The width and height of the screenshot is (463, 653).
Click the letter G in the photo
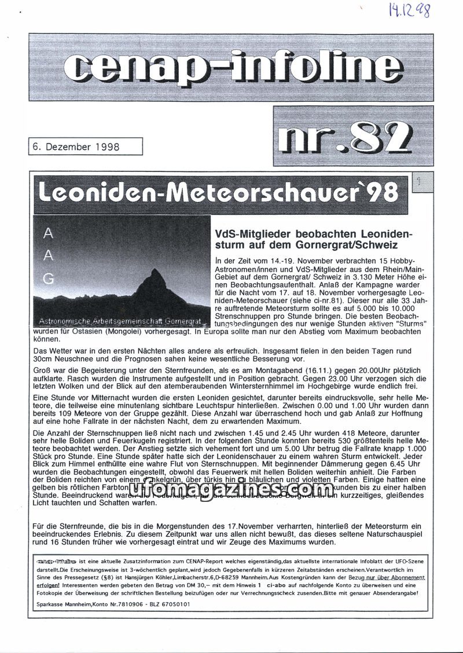click(49, 279)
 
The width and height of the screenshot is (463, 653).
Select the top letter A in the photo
click(49, 233)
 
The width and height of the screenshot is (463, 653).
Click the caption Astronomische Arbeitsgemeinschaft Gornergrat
click(121, 320)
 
